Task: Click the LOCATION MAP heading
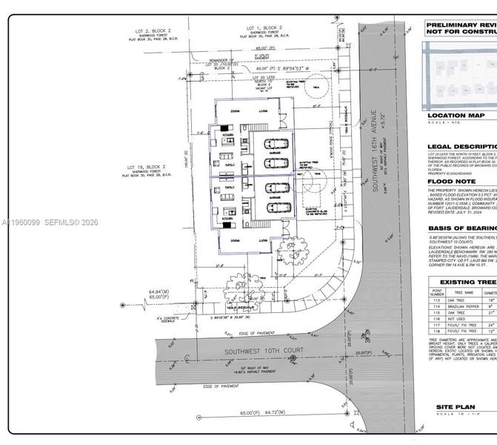tap(456, 116)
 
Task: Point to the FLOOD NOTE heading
tap(452, 181)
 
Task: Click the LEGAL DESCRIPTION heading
tap(461, 147)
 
